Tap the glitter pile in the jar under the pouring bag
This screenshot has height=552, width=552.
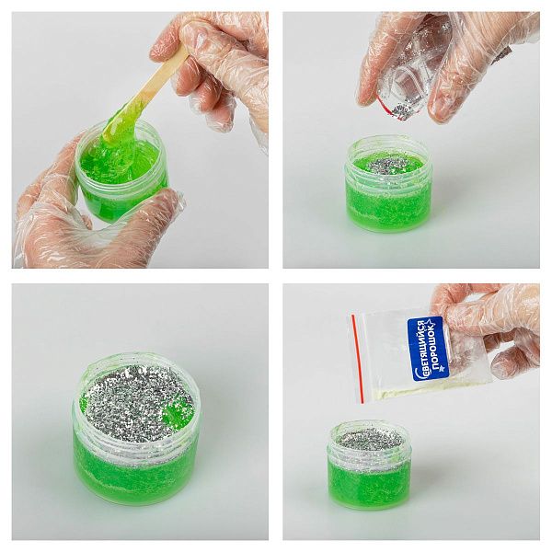coord(386,165)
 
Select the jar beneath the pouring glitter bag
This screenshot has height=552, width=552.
coord(388,184)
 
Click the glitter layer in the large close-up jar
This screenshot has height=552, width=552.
coord(137,401)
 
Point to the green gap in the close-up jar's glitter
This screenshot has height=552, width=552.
coord(175,412)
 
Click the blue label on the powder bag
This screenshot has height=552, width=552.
coord(428,349)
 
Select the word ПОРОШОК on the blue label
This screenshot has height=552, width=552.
coord(436,347)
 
